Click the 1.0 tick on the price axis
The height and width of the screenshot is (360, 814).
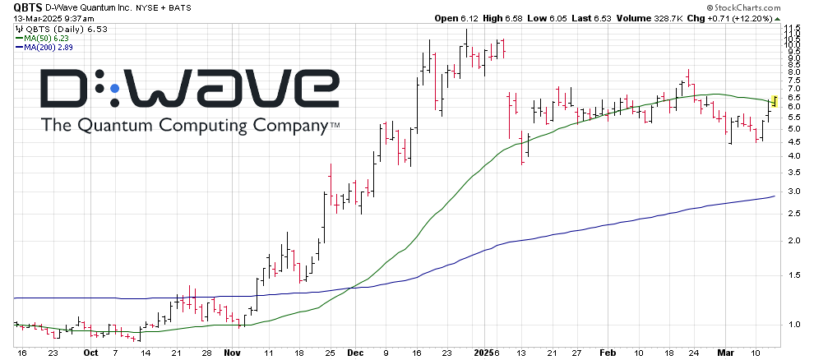[x=790, y=324]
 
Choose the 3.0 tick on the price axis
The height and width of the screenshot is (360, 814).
[x=790, y=191]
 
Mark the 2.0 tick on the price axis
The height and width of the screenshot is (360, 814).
[x=790, y=240]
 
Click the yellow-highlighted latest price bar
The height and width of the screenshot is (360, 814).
[x=774, y=103]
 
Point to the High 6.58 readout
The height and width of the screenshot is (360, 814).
[x=518, y=18]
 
